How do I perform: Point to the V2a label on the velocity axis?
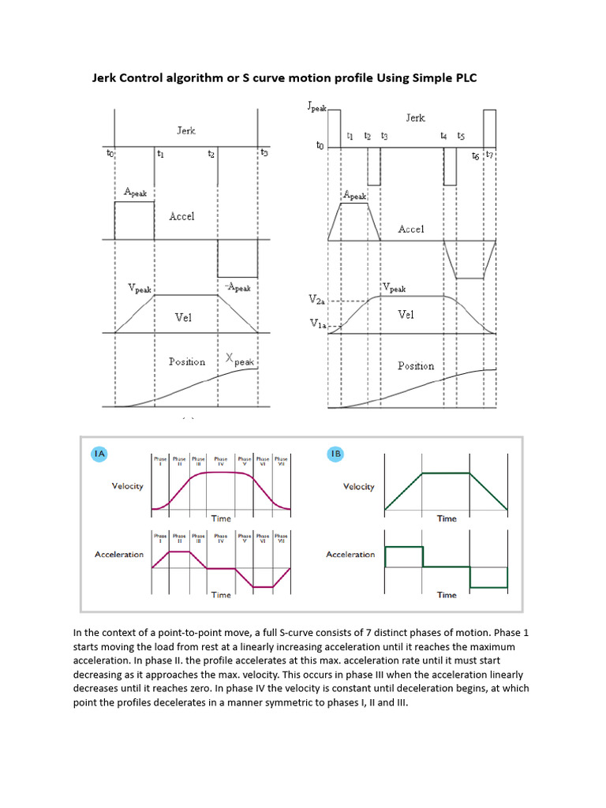click(315, 301)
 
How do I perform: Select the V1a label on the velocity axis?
click(315, 324)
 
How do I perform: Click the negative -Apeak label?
click(238, 287)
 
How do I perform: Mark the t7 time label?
click(489, 155)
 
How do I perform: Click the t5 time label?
click(461, 137)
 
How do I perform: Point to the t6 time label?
click(475, 156)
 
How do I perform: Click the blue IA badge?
click(98, 454)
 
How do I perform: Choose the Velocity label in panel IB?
click(358, 487)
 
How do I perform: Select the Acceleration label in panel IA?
click(119, 555)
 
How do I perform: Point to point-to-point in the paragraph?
click(184, 633)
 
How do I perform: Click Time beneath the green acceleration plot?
click(447, 595)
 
